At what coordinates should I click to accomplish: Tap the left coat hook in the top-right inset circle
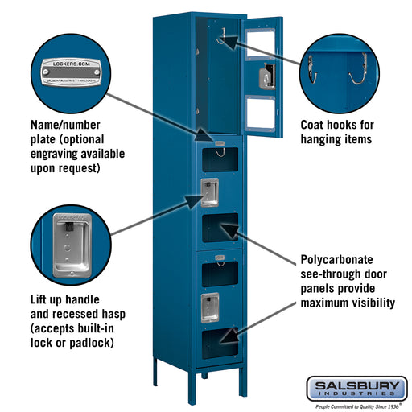pyautogui.click(x=311, y=68)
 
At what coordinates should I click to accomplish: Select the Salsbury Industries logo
pyautogui.click(x=356, y=389)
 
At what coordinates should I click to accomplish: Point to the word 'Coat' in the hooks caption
pyautogui.click(x=315, y=125)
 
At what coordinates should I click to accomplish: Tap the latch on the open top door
pyautogui.click(x=264, y=78)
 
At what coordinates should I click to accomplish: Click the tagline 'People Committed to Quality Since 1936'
pyautogui.click(x=356, y=406)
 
